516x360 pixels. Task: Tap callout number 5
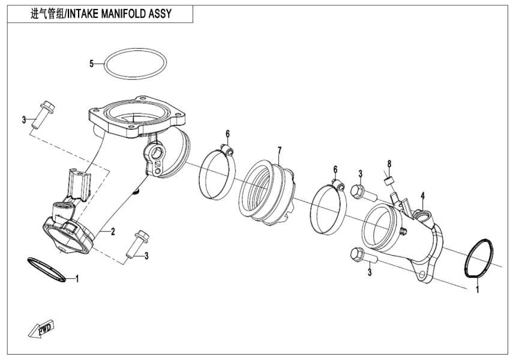pos(92,63)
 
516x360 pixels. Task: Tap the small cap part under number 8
pos(388,179)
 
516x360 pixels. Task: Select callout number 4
pos(422,195)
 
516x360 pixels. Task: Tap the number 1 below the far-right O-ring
pos(478,290)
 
